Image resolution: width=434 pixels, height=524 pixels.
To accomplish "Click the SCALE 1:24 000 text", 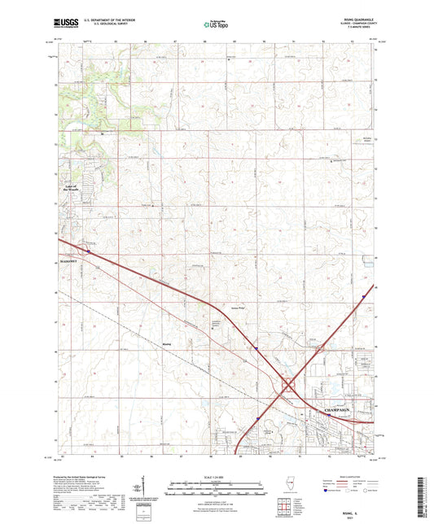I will (x=217, y=476).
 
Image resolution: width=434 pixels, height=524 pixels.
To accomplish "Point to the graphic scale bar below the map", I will (x=217, y=491).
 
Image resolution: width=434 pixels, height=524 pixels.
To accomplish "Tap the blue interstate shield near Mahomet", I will (x=89, y=251).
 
